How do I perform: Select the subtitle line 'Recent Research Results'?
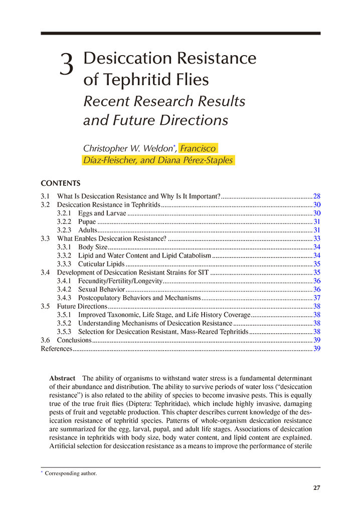click(164, 101)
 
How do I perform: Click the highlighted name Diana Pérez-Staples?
click(198, 160)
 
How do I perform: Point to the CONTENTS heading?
click(60, 183)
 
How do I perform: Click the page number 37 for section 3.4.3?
click(316, 298)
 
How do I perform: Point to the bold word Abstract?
click(63, 378)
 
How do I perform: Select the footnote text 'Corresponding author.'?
click(71, 473)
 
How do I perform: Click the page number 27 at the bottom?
click(316, 487)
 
